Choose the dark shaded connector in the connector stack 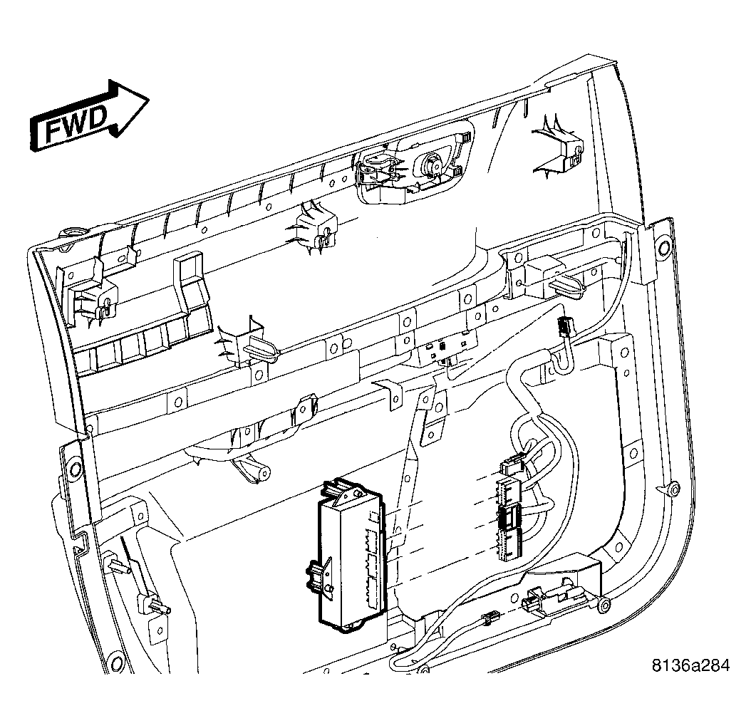(509, 518)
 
